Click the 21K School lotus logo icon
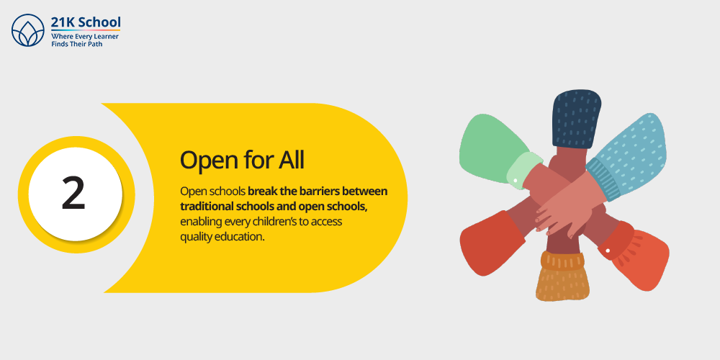point(28,30)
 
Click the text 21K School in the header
point(86,22)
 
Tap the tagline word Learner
point(106,36)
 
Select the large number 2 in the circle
point(73,194)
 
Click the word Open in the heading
point(204,161)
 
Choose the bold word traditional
point(204,207)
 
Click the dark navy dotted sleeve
point(577,117)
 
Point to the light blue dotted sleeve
point(628,154)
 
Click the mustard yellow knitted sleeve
point(563,275)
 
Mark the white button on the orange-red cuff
point(608,251)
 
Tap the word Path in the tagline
point(96,44)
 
